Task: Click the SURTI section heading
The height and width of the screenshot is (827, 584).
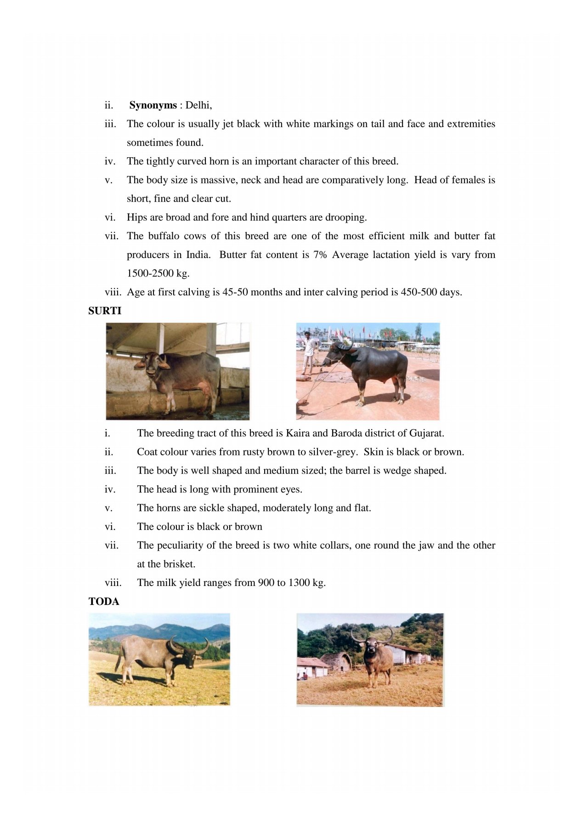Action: (105, 311)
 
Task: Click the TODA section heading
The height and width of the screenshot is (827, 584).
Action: (104, 602)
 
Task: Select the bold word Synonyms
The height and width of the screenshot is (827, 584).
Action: (153, 105)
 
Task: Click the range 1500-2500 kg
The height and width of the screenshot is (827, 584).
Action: (158, 273)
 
